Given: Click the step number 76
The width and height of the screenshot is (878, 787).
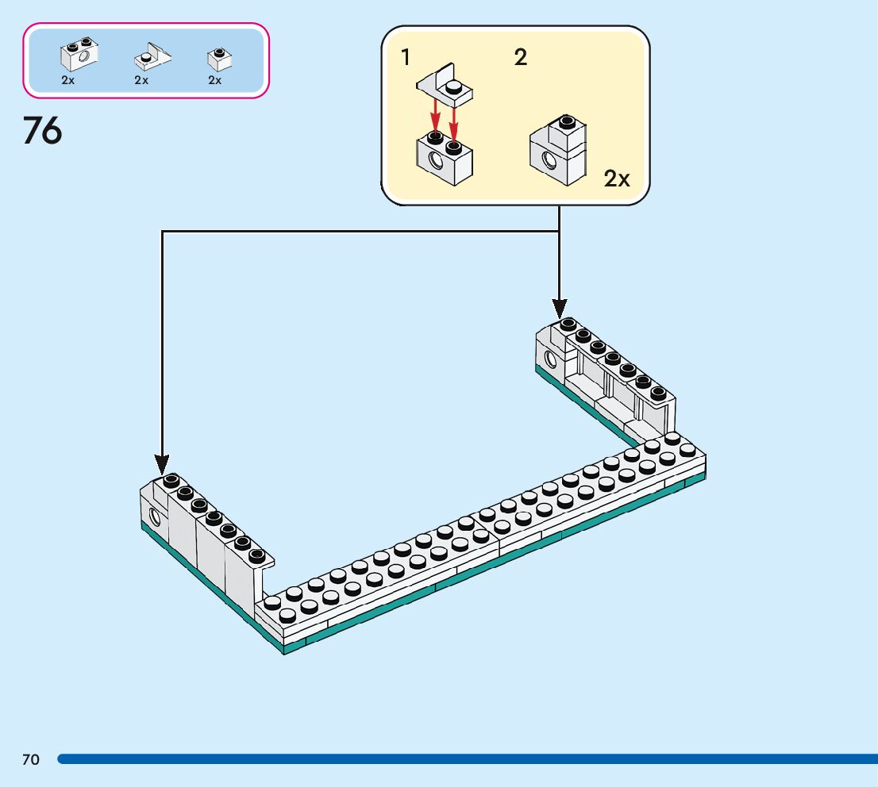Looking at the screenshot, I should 43,130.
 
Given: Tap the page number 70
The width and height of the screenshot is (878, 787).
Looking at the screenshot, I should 31,760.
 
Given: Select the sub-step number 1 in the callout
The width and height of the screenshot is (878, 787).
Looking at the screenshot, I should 406,57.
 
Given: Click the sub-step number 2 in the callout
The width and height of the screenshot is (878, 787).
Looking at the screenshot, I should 521,57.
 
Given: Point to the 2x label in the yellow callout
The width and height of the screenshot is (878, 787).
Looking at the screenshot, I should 616,179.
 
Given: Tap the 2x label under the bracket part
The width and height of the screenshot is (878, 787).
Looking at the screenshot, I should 141,80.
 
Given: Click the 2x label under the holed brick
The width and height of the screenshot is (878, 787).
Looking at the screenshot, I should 68,80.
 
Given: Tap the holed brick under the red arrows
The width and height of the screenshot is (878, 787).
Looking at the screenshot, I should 445,158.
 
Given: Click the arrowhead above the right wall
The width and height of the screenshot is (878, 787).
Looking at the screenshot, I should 559,306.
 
